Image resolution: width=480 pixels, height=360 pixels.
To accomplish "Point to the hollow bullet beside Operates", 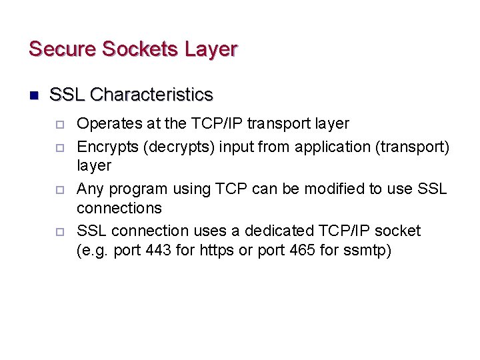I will click(x=59, y=124).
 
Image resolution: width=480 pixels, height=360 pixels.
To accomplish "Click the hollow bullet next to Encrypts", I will click(x=59, y=147).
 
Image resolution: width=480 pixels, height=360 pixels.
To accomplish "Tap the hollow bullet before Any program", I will click(x=59, y=189).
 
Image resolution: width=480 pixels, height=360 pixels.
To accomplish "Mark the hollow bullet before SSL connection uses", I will click(x=59, y=232).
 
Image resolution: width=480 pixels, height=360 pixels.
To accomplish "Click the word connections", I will click(x=119, y=208).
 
